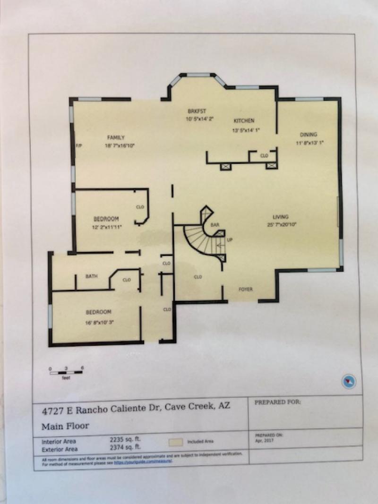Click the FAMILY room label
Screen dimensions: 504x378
pyautogui.click(x=115, y=137)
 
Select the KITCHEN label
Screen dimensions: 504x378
pyautogui.click(x=244, y=121)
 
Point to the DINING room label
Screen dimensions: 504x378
pyautogui.click(x=309, y=134)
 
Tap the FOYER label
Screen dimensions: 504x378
pyautogui.click(x=245, y=289)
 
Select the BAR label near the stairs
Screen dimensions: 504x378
pyautogui.click(x=215, y=225)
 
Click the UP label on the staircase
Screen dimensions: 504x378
pyautogui.click(x=230, y=240)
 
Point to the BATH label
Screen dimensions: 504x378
pyautogui.click(x=91, y=276)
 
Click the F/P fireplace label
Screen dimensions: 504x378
pyautogui.click(x=78, y=146)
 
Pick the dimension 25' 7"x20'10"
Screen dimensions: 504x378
pyautogui.click(x=282, y=225)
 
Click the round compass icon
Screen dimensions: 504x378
pyautogui.click(x=348, y=381)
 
